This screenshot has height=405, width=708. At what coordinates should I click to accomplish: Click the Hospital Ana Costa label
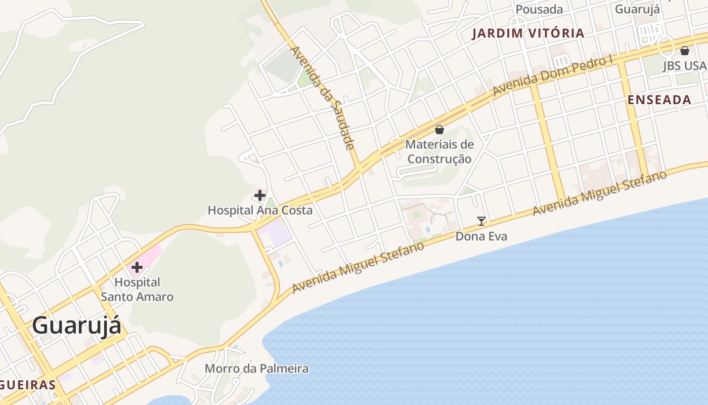coord(260,210)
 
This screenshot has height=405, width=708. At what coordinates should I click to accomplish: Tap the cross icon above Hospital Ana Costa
coord(260,195)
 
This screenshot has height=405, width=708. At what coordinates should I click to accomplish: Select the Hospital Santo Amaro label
coord(137,289)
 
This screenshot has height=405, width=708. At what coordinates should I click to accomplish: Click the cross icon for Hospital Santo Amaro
coord(137,267)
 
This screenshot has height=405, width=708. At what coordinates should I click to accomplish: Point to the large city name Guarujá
coord(77,326)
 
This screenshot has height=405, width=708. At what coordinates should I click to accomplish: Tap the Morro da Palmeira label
coord(256,368)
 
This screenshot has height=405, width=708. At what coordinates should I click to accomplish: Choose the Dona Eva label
coord(481,236)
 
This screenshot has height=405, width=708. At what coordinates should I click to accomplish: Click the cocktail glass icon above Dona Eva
coord(481,221)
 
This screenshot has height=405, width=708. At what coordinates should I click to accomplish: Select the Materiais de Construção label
coord(439,151)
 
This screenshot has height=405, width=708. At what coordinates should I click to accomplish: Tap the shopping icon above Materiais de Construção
coord(439,130)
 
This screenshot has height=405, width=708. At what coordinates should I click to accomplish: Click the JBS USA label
coord(684,66)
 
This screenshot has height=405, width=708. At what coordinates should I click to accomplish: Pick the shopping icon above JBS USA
coord(685,51)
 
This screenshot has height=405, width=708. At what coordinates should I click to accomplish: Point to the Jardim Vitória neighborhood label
coord(528,33)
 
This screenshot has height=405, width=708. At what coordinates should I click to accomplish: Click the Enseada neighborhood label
coord(659,100)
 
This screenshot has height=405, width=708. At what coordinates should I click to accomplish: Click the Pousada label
coord(539,9)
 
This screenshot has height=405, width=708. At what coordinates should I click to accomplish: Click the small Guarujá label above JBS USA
coord(637,9)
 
